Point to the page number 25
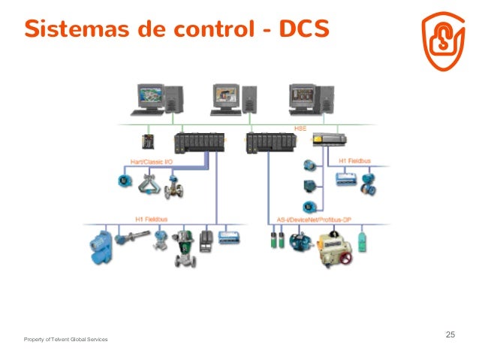tap(450, 334)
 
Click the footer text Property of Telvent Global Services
tap(65, 340)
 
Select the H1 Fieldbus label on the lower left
tap(151, 219)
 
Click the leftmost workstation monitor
tap(149, 96)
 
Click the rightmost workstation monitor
tap(305, 96)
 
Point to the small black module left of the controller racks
tap(148, 141)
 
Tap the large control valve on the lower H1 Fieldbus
tap(184, 249)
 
